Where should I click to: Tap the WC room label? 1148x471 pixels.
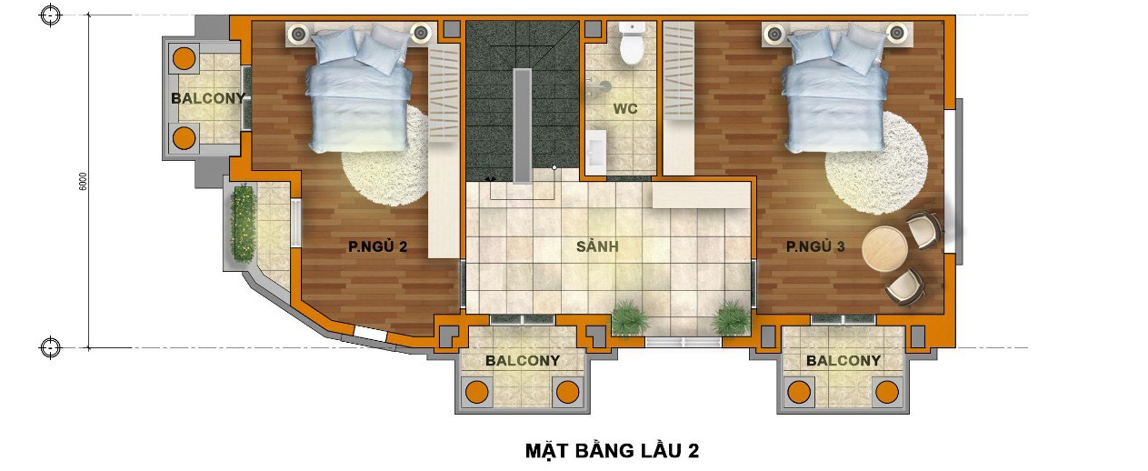pyautogui.click(x=625, y=108)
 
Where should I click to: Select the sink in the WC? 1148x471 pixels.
pyautogui.click(x=596, y=151)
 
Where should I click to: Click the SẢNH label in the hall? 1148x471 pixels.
pyautogui.click(x=597, y=246)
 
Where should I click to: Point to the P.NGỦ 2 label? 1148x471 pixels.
pyautogui.click(x=378, y=246)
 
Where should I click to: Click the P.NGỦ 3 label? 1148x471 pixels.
pyautogui.click(x=815, y=246)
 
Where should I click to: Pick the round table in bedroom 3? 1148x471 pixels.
pyautogui.click(x=884, y=249)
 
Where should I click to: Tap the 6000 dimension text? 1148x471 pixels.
pyautogui.click(x=83, y=182)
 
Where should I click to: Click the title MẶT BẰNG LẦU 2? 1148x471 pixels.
pyautogui.click(x=612, y=450)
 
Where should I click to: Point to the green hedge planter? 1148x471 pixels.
pyautogui.click(x=244, y=224)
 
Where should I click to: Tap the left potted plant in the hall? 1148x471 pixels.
pyautogui.click(x=630, y=317)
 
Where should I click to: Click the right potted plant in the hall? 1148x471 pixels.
pyautogui.click(x=730, y=317)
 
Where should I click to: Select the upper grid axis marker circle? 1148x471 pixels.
pyautogui.click(x=50, y=15)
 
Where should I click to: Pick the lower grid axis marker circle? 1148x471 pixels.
pyautogui.click(x=50, y=347)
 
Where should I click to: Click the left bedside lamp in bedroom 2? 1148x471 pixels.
pyautogui.click(x=298, y=34)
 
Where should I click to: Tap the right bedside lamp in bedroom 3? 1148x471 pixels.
pyautogui.click(x=896, y=34)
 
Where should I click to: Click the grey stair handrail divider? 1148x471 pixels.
pyautogui.click(x=523, y=125)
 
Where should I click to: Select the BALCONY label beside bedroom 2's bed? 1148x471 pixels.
pyautogui.click(x=207, y=98)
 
